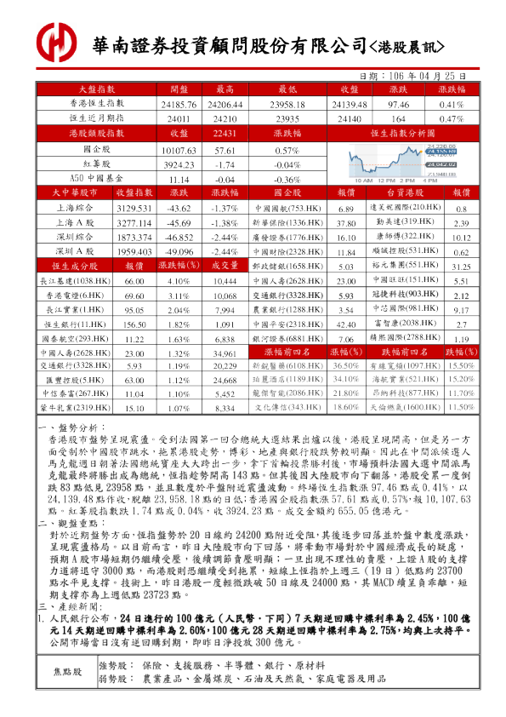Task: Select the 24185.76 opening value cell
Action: click(179, 103)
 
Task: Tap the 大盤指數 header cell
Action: click(97, 89)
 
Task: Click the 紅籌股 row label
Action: click(97, 164)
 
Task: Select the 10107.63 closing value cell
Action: click(179, 149)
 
